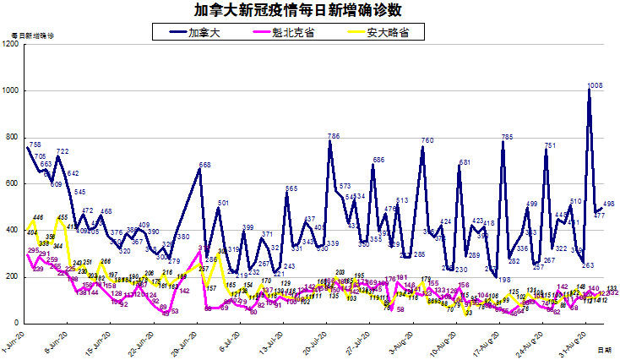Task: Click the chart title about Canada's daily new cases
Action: [x=310, y=10]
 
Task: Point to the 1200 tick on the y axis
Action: [x=11, y=44]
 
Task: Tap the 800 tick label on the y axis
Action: [x=13, y=137]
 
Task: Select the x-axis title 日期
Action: [x=605, y=348]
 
